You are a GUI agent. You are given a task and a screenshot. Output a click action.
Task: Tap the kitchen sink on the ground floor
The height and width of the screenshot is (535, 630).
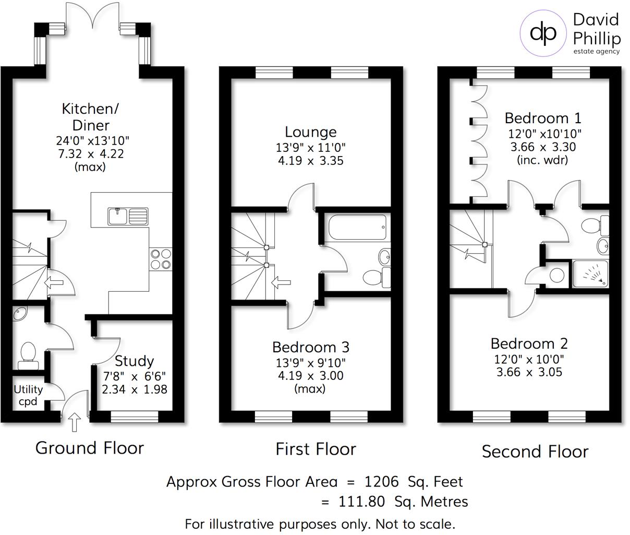tap(128, 216)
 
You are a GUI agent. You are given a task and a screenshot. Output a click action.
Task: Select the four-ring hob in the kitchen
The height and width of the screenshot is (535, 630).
tap(161, 259)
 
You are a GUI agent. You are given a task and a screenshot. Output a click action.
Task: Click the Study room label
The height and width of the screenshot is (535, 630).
tap(134, 361)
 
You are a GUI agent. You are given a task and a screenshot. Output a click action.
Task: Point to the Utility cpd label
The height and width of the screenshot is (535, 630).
tap(28, 395)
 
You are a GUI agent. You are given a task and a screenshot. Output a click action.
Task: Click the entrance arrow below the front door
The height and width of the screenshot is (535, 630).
tap(75, 422)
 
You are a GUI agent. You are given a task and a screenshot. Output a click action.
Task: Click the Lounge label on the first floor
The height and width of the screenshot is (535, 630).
tap(310, 132)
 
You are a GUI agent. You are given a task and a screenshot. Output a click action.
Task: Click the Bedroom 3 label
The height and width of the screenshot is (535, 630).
tap(311, 347)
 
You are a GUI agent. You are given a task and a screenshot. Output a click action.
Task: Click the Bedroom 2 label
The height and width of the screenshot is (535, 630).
tap(529, 343)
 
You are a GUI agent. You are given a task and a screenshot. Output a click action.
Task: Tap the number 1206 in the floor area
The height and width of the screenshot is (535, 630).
tap(382, 481)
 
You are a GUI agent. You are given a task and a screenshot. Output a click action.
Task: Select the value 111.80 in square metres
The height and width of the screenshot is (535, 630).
tap(360, 502)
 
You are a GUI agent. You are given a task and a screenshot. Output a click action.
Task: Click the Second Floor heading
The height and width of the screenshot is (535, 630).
tap(535, 451)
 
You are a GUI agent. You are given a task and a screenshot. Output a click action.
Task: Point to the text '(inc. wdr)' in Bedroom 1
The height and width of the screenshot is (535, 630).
tap(542, 160)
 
